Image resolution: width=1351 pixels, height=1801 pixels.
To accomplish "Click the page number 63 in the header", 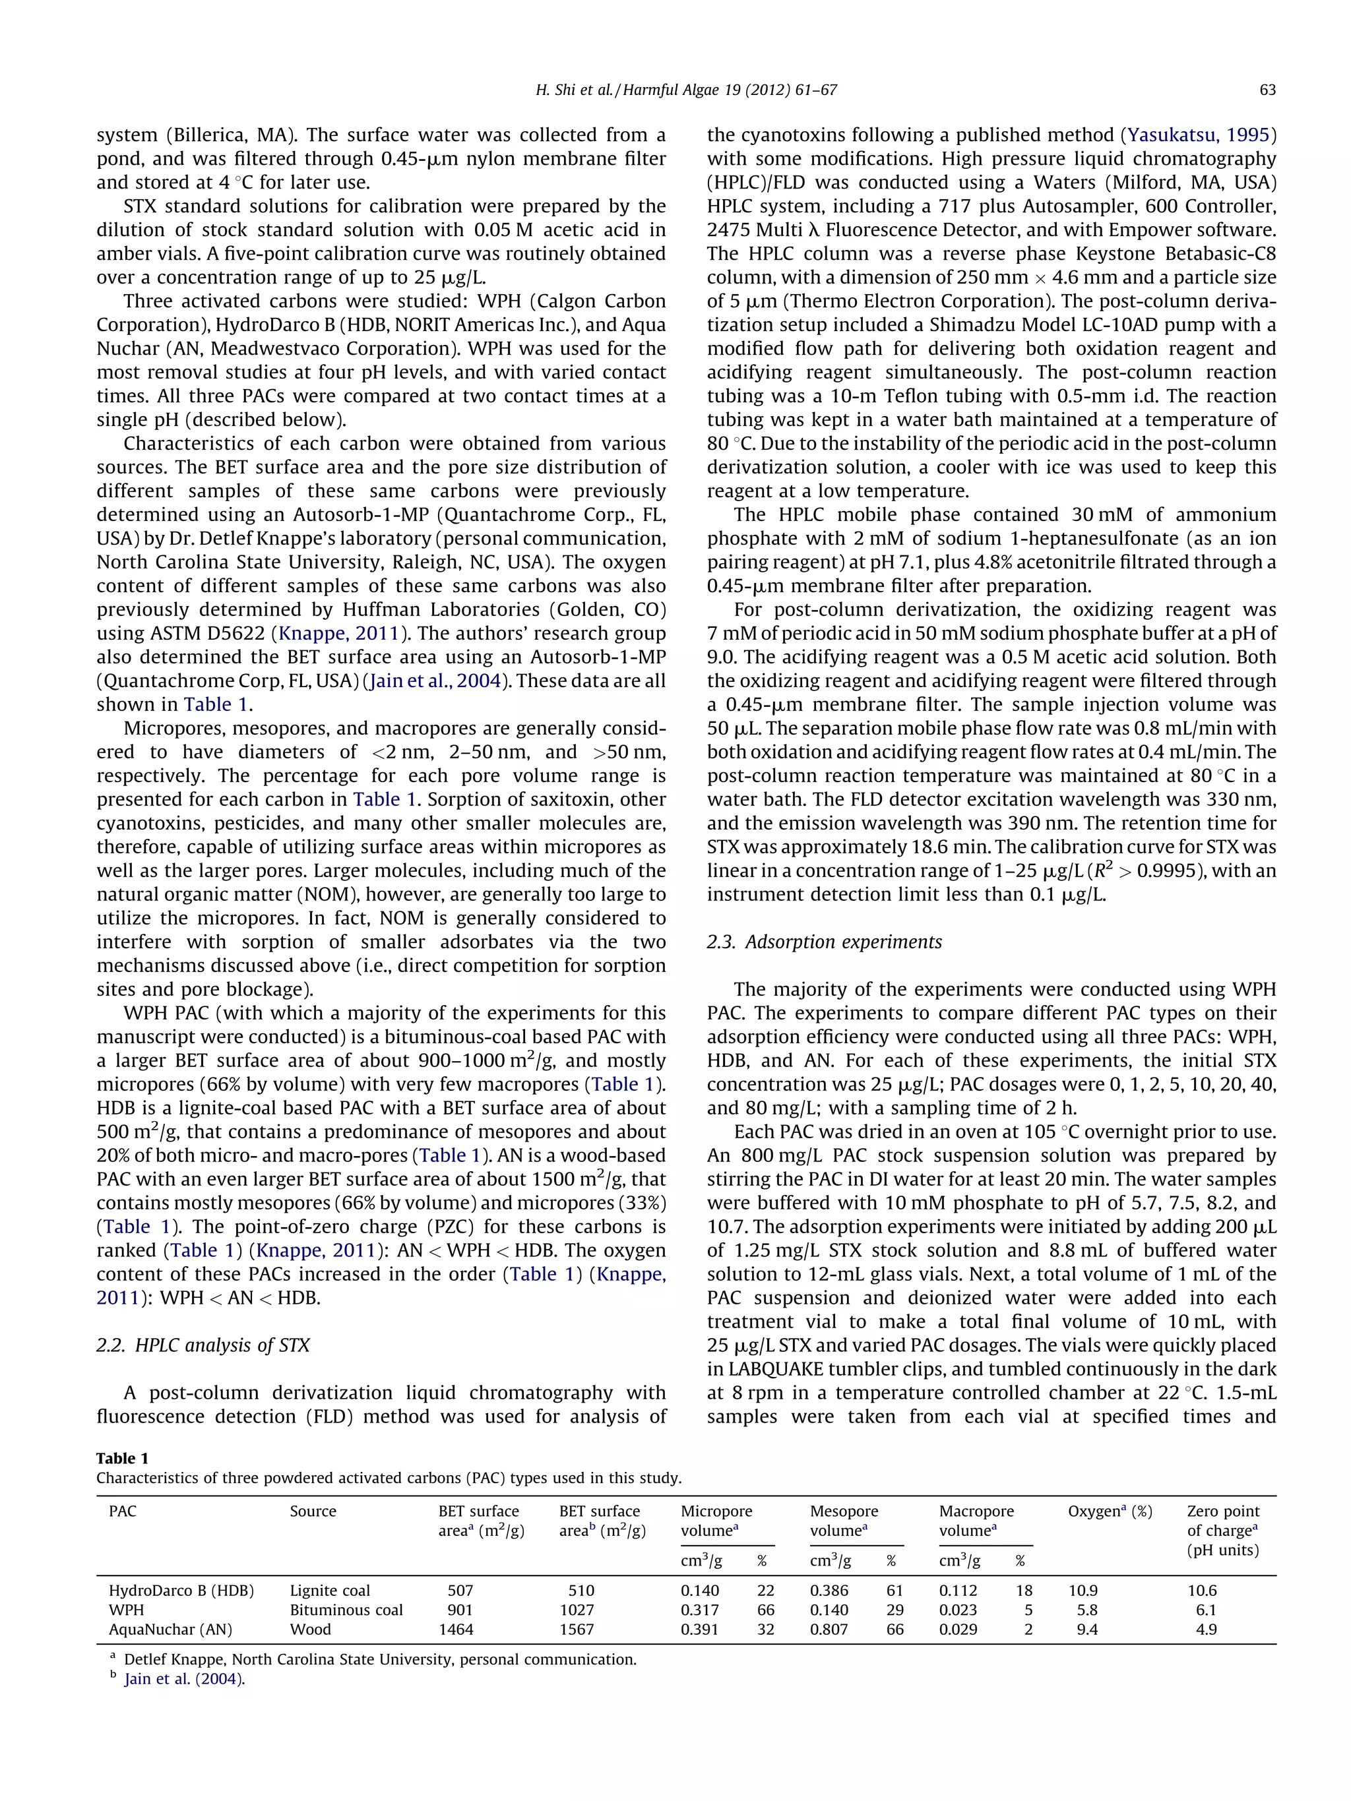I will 1267,90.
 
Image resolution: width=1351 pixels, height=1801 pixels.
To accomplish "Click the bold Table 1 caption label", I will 122,1457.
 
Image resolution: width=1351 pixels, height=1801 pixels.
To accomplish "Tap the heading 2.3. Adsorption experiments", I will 824,942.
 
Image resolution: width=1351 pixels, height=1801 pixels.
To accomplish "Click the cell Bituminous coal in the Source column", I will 346,1610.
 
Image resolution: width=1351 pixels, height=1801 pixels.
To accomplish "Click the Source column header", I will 313,1511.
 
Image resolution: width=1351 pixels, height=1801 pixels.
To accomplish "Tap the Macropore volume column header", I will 976,1520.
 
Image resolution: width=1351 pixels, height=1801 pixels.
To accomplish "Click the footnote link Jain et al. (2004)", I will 184,1679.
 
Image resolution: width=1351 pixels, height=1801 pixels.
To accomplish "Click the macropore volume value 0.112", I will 958,1590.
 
